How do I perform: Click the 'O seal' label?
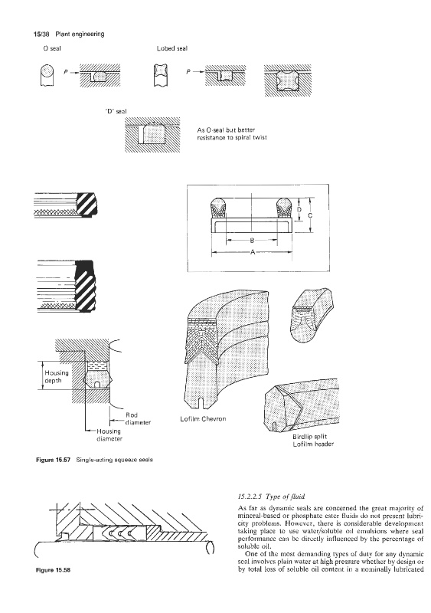tap(52, 48)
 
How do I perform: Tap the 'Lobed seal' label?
tap(172, 48)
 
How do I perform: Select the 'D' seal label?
tap(116, 111)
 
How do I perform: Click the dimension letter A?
tap(253, 252)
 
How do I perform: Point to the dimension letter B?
tap(252, 241)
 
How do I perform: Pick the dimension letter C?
tap(310, 215)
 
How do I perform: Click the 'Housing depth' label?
tap(57, 376)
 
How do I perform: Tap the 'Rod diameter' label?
tap(138, 418)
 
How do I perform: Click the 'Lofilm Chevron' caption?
tap(203, 418)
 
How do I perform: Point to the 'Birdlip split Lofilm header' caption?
tap(313, 440)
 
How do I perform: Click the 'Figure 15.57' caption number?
tap(53, 459)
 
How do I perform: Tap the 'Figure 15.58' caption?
tap(53, 570)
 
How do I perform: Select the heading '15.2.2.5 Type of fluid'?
tap(271, 497)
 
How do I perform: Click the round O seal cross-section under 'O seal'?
tap(47, 71)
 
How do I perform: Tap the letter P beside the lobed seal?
tap(189, 72)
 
